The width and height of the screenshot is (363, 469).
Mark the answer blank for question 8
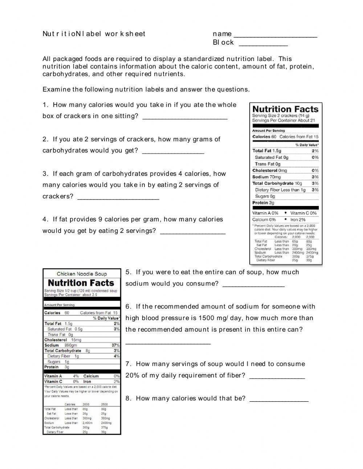[x=279, y=400]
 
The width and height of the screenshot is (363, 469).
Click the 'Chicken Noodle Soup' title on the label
[x=82, y=274]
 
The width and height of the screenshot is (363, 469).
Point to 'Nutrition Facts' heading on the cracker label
[x=285, y=109]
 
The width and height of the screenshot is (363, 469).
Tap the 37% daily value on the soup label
[x=115, y=345]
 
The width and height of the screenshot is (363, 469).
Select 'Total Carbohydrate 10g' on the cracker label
[x=277, y=183]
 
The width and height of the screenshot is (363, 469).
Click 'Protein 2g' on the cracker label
[x=264, y=203]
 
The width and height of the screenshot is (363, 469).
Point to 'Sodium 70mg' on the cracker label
[x=267, y=177]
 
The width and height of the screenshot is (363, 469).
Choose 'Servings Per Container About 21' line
[x=284, y=120]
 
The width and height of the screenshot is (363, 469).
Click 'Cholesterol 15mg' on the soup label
[x=63, y=340]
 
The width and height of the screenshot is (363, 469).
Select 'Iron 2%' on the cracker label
[x=298, y=219]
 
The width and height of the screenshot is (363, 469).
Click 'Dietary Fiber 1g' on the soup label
[x=63, y=356]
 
